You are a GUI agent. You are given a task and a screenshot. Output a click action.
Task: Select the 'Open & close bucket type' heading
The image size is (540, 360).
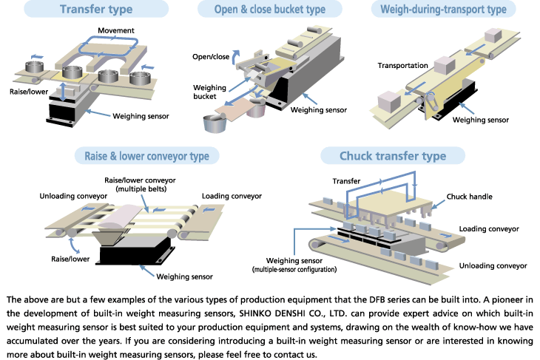270,10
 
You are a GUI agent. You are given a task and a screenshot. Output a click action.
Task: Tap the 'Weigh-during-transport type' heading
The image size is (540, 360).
443,10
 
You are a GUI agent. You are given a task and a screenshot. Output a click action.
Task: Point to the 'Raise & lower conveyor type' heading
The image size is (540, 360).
142,156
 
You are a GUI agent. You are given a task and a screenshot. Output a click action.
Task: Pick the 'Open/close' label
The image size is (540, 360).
209,57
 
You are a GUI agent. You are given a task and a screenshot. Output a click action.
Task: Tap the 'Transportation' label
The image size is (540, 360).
403,65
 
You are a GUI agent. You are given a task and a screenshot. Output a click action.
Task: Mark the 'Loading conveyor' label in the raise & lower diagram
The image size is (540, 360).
232,196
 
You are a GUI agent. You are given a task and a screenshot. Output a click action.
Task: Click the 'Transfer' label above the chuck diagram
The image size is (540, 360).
346,180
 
